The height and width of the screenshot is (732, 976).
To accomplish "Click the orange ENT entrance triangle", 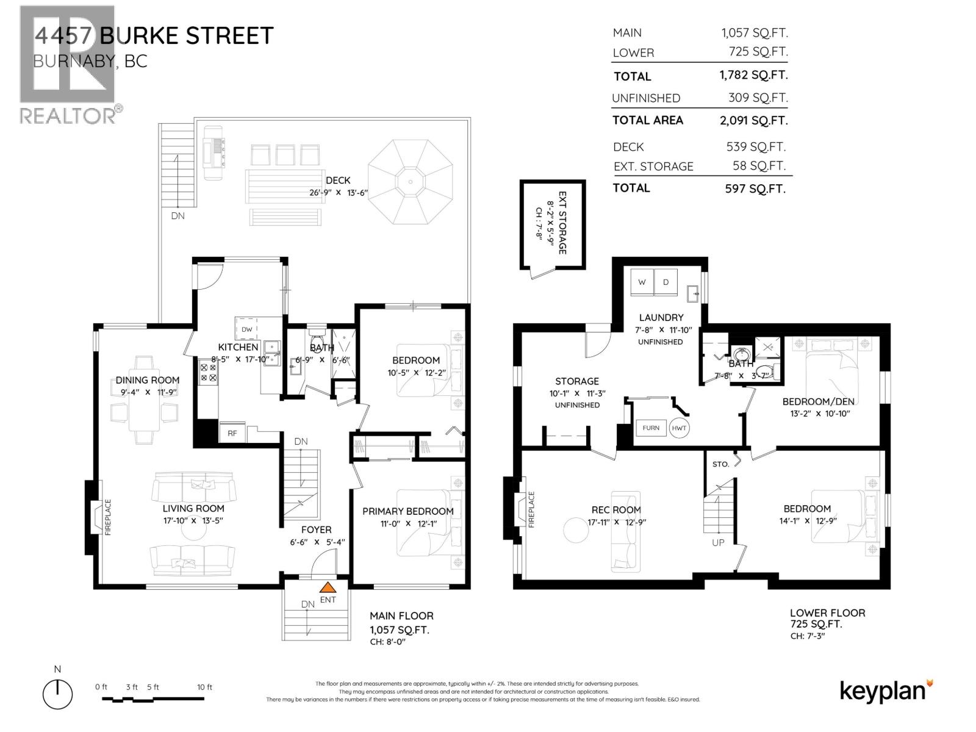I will pyautogui.click(x=328, y=588).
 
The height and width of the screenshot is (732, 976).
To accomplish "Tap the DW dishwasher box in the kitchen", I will pyautogui.click(x=247, y=329).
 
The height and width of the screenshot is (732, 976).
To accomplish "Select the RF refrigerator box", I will pyautogui.click(x=232, y=433).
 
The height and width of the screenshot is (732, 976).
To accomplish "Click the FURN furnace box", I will pyautogui.click(x=651, y=428).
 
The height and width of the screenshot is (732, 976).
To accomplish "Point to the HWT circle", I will pyautogui.click(x=679, y=428).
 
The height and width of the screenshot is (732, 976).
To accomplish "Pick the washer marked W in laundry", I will pyautogui.click(x=642, y=282).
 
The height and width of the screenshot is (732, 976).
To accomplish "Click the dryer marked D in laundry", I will pyautogui.click(x=666, y=282).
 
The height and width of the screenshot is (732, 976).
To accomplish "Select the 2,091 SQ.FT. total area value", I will pyautogui.click(x=754, y=120).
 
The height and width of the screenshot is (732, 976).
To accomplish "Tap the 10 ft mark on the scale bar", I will pyautogui.click(x=205, y=687).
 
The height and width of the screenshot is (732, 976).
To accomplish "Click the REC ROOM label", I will pyautogui.click(x=616, y=509).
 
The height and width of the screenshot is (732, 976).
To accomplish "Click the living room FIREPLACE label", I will pyautogui.click(x=108, y=517).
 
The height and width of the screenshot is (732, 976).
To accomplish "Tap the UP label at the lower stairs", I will pyautogui.click(x=718, y=542).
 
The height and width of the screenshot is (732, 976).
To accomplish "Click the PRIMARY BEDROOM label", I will pyautogui.click(x=407, y=511).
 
